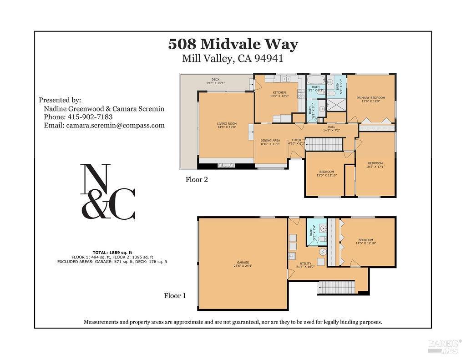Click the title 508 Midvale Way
coord(233,44)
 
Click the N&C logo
coord(108,191)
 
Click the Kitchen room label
coord(279,94)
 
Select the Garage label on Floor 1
coord(243,264)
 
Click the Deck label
coord(215,81)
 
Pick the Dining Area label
coord(270,142)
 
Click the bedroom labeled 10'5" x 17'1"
coord(375,165)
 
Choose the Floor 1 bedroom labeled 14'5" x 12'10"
coord(365,242)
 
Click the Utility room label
coord(305,265)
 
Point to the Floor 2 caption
coord(197,179)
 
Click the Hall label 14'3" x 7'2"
coord(331,129)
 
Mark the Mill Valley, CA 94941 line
coord(233,58)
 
